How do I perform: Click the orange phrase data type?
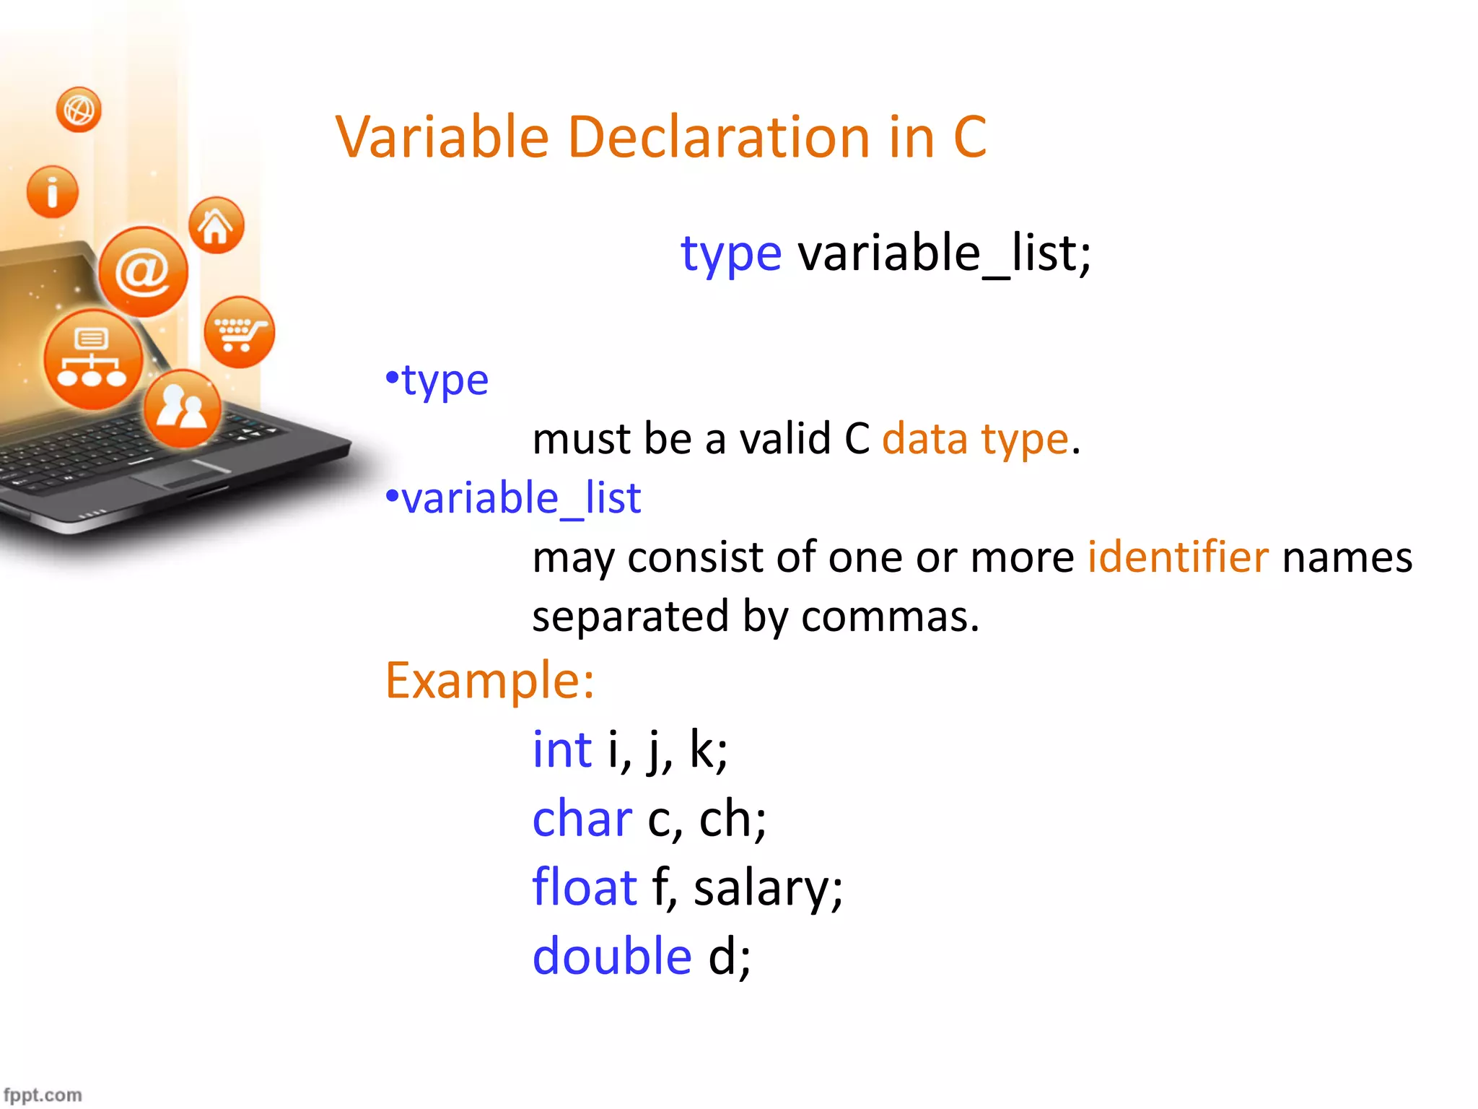pyautogui.click(x=974, y=438)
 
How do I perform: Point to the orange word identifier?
pyautogui.click(x=1178, y=557)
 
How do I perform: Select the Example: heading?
pyautogui.click(x=489, y=680)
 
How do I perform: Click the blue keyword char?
pyautogui.click(x=582, y=819)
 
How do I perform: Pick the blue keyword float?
pyautogui.click(x=584, y=887)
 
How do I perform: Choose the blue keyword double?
pyautogui.click(x=612, y=955)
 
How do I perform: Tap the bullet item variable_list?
pyautogui.click(x=520, y=497)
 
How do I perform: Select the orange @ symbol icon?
pyautogui.click(x=143, y=272)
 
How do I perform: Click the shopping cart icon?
pyautogui.click(x=240, y=332)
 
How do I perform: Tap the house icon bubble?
pyautogui.click(x=216, y=225)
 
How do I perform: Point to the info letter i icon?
pyautogui.click(x=52, y=192)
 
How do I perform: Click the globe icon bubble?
pyautogui.click(x=79, y=110)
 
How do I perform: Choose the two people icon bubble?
pyautogui.click(x=182, y=408)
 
